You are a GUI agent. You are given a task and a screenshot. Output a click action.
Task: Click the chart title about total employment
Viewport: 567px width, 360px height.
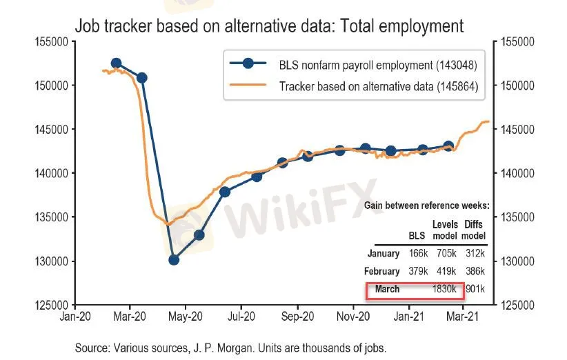(269, 26)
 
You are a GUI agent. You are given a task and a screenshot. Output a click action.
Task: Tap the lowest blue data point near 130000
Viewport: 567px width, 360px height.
(174, 260)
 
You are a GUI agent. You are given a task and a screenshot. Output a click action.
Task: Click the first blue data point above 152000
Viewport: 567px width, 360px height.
(117, 63)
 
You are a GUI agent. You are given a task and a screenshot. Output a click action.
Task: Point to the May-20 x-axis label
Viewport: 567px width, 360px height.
(186, 317)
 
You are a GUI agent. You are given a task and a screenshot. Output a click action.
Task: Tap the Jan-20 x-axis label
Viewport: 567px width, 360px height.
(75, 317)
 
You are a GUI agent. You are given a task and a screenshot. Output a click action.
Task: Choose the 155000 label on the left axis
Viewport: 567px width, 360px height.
(50, 42)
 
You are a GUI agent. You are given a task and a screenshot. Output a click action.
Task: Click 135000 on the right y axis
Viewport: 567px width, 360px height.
(514, 217)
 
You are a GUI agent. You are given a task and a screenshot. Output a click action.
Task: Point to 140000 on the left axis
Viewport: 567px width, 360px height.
(50, 173)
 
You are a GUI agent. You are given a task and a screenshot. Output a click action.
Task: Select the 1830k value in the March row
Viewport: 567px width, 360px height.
(443, 289)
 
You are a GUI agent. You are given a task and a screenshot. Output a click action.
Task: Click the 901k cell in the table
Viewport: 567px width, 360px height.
(475, 289)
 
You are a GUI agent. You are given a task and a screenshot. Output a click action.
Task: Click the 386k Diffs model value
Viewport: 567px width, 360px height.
(475, 272)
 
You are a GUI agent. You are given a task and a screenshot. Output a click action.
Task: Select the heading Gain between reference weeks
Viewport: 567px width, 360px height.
(426, 206)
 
